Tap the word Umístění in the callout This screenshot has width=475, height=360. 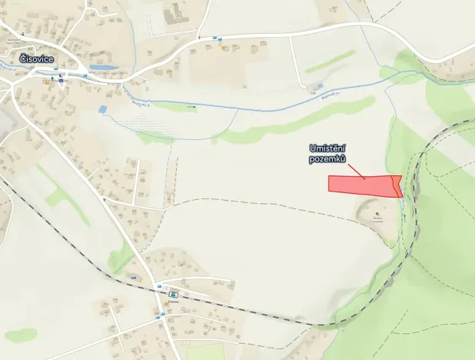[327, 148]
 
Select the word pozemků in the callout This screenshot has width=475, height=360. [327, 158]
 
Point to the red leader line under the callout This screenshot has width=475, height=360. [354, 168]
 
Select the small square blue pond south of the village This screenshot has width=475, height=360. [104, 110]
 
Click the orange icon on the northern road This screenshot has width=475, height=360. [224, 48]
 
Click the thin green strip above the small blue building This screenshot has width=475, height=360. [331, 62]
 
